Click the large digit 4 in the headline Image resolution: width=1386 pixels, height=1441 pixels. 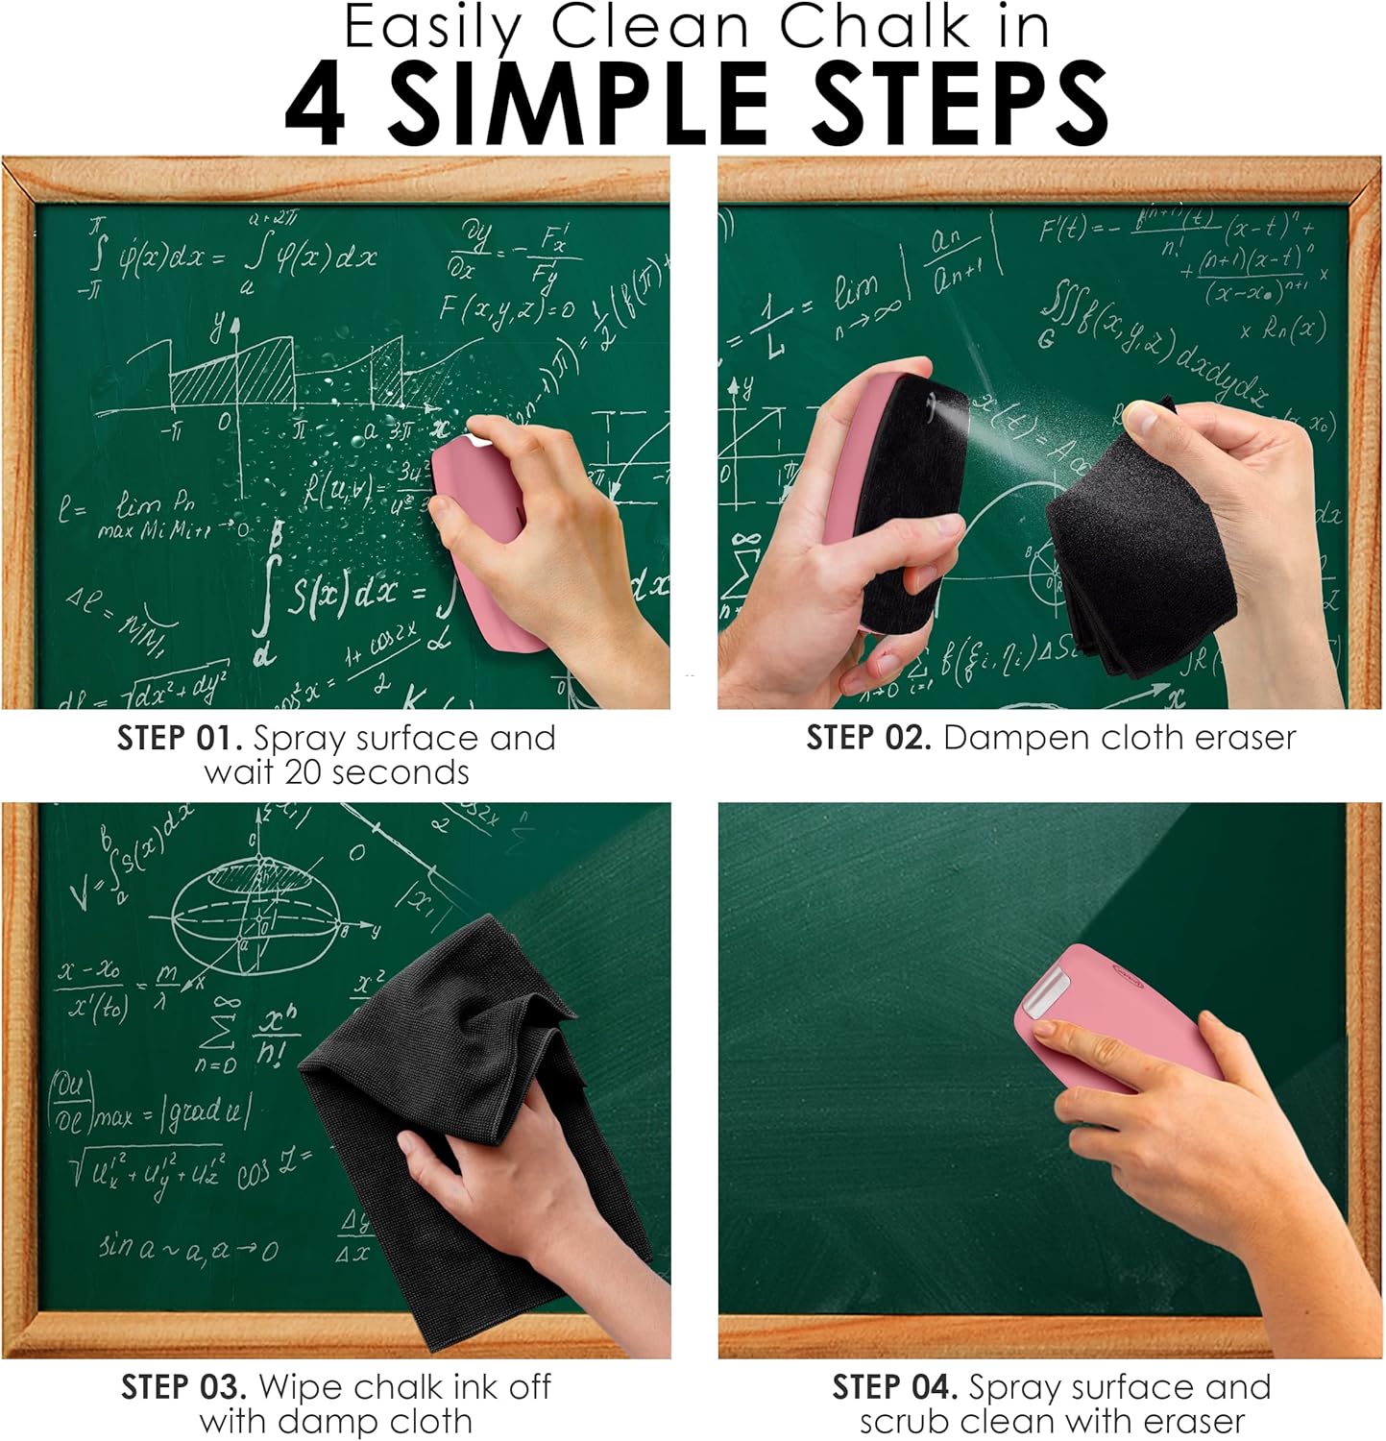[x=315, y=103]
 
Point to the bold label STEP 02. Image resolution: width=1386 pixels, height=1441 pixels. [x=868, y=738]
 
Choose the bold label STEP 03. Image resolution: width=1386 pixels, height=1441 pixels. [x=183, y=1387]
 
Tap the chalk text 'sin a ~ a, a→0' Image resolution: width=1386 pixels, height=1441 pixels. [x=188, y=1249]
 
